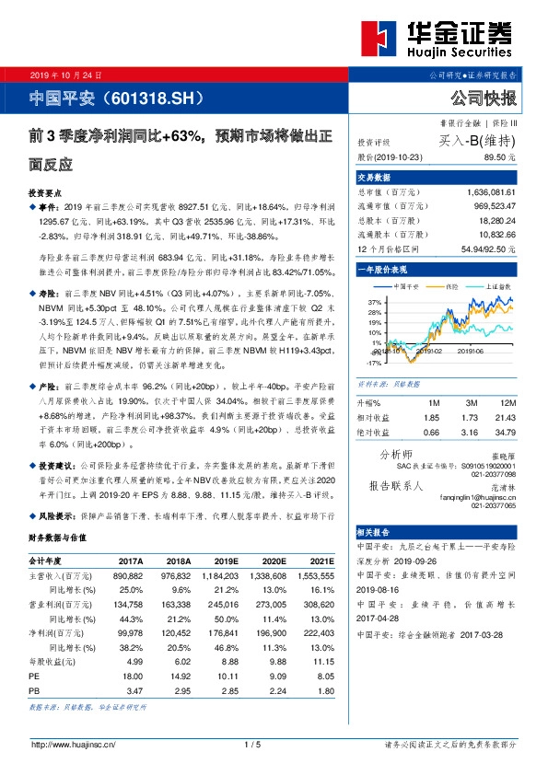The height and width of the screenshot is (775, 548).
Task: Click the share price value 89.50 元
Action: (x=498, y=158)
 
